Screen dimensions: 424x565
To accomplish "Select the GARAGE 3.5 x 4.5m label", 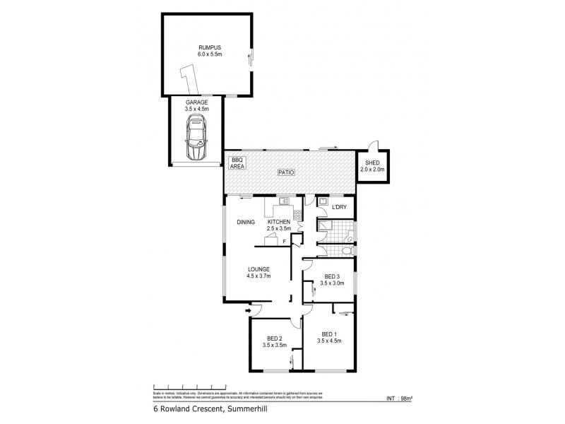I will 196,105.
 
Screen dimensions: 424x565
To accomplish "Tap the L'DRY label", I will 338,208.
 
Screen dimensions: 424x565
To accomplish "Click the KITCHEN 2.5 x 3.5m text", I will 279,225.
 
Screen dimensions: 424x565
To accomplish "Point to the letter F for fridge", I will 284,242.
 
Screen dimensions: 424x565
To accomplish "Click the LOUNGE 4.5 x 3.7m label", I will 258,272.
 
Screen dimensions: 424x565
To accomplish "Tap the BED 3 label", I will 332,280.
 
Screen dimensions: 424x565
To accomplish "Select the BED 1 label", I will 331,337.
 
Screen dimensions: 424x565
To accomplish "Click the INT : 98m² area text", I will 400,398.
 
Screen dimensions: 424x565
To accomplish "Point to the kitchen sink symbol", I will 285,201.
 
